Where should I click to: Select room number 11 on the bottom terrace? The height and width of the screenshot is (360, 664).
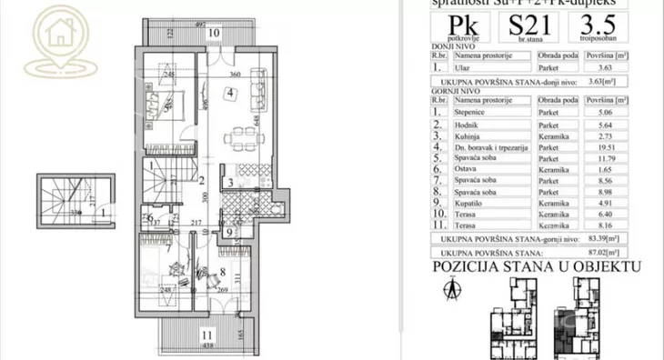point(209,333)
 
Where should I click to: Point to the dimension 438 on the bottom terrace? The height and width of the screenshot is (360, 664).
point(208,346)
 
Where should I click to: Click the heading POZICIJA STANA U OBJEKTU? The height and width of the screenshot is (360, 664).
point(521,266)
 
